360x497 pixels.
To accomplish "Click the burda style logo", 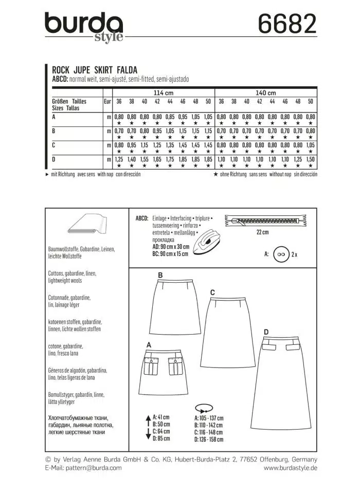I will tap(84, 27).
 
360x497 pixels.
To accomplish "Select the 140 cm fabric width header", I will tap(266, 93).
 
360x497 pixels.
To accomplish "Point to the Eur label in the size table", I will tap(107, 101).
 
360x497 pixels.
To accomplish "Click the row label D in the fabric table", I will tap(54, 160).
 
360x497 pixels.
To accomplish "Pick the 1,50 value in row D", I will tap(310, 160).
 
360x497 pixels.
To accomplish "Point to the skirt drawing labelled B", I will tap(177, 307).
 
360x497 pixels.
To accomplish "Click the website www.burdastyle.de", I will tap(290, 468).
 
